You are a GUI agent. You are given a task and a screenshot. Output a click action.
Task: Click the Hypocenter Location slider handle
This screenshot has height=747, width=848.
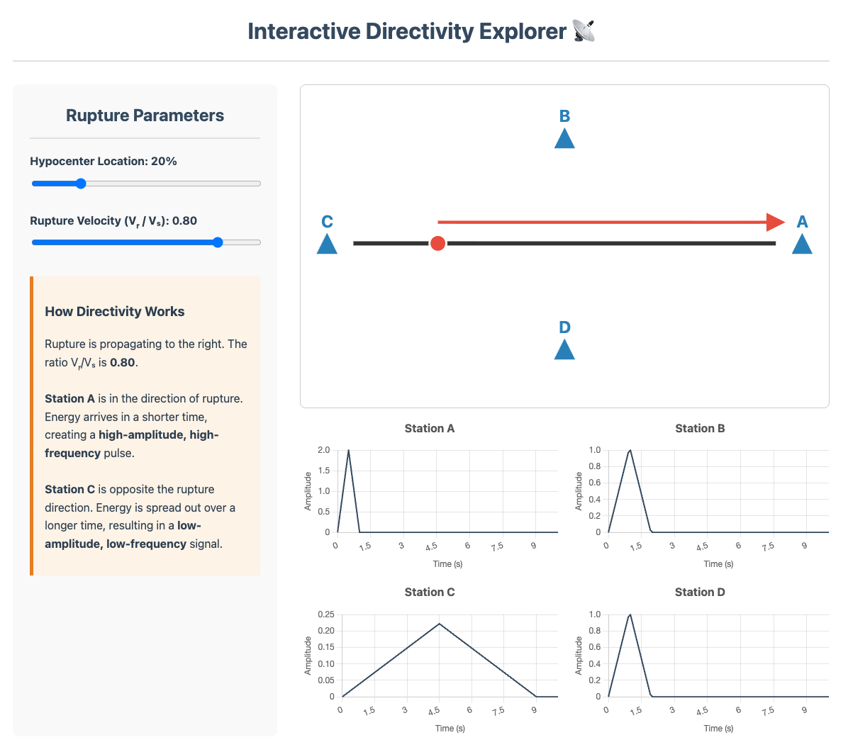tap(81, 184)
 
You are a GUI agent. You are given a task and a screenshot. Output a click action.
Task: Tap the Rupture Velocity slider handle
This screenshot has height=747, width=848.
tap(218, 242)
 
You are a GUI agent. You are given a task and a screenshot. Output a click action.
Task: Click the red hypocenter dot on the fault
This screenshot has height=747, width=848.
tap(438, 244)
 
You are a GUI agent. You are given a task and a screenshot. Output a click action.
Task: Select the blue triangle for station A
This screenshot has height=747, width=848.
tap(802, 245)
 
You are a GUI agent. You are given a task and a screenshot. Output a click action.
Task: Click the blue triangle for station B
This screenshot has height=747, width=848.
tap(564, 140)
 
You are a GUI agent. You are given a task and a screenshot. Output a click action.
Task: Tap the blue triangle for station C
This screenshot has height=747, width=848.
tap(327, 245)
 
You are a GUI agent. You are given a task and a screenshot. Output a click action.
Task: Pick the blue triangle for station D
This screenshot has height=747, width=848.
tap(564, 350)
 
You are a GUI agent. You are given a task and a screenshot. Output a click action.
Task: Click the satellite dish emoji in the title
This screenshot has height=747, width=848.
tap(584, 31)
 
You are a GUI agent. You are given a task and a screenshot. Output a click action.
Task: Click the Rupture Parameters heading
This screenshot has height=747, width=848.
tap(145, 116)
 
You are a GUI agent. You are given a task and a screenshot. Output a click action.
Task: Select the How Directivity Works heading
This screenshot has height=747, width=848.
tap(115, 311)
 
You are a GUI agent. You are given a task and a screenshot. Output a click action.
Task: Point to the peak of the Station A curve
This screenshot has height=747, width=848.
tap(348, 450)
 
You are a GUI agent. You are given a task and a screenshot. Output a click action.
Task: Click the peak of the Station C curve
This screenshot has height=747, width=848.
tap(440, 624)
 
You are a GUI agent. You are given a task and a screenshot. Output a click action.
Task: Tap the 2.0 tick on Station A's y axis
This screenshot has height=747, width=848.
tap(323, 450)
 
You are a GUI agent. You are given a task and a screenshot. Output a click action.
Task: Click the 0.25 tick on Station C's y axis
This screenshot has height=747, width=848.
tap(325, 614)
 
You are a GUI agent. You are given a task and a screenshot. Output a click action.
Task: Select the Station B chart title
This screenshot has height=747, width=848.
tap(700, 428)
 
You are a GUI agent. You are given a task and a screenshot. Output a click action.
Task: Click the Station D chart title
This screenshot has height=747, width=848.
tap(700, 592)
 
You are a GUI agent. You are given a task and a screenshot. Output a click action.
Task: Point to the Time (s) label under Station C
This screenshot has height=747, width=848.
tap(450, 728)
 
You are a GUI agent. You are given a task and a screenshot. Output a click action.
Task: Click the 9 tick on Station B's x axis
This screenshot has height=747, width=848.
tap(804, 546)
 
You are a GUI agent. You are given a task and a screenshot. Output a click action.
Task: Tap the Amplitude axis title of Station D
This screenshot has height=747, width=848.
tap(579, 656)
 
